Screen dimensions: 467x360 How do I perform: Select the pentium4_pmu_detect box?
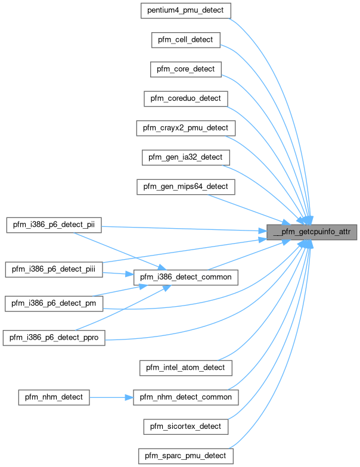[x=185, y=11]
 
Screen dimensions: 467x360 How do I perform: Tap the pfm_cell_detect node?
[x=185, y=40]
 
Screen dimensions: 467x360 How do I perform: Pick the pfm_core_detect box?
[x=185, y=69]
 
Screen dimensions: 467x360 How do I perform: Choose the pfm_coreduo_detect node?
[x=185, y=98]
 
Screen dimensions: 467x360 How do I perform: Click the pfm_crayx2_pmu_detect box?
[x=185, y=127]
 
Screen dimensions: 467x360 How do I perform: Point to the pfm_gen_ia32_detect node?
[x=185, y=157]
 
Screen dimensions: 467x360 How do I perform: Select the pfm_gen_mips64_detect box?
[x=185, y=186]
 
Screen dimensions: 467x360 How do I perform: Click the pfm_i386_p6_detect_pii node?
[x=53, y=225]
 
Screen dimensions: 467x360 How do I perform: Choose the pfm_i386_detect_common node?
[x=185, y=277]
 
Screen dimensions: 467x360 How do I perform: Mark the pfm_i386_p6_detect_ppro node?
[x=55, y=338]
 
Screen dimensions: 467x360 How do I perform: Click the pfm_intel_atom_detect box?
[x=185, y=368]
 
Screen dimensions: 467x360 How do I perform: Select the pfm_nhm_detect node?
[x=54, y=397]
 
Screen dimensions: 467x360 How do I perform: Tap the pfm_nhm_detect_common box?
[x=185, y=397]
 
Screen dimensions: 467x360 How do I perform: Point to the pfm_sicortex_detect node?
[x=185, y=426]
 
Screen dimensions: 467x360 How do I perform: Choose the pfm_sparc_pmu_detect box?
[x=185, y=456]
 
